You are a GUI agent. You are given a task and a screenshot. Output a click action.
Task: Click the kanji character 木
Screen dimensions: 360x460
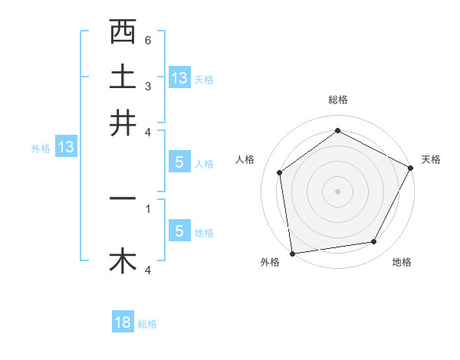[x=123, y=261]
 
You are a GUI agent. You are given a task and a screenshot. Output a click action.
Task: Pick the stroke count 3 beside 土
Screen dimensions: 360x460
[x=148, y=86]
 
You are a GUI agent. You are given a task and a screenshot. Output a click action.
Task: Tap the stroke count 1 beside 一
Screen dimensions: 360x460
[x=148, y=207]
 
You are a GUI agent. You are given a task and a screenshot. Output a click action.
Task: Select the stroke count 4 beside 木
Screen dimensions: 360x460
[x=148, y=270]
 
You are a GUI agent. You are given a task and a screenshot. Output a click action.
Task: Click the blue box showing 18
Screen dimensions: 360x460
[x=123, y=322]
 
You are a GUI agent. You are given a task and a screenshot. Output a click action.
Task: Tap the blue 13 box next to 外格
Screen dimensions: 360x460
[x=65, y=147]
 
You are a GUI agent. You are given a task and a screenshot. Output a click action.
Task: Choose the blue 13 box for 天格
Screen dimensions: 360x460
[x=179, y=77]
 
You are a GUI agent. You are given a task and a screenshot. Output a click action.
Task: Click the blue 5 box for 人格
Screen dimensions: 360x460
[x=179, y=162]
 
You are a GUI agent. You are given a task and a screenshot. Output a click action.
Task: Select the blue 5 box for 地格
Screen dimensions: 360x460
[x=179, y=231]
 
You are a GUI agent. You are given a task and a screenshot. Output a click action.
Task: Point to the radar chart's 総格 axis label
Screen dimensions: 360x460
[x=337, y=100]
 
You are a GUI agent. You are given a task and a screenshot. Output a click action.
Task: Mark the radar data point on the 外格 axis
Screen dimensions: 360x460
[x=292, y=253]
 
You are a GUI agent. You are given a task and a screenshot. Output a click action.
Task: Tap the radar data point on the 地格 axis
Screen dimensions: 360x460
[x=374, y=242]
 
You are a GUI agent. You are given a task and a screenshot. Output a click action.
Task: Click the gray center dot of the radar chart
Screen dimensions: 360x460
[x=337, y=191]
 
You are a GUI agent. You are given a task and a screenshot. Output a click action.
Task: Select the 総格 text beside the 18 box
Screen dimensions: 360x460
[x=147, y=324]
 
